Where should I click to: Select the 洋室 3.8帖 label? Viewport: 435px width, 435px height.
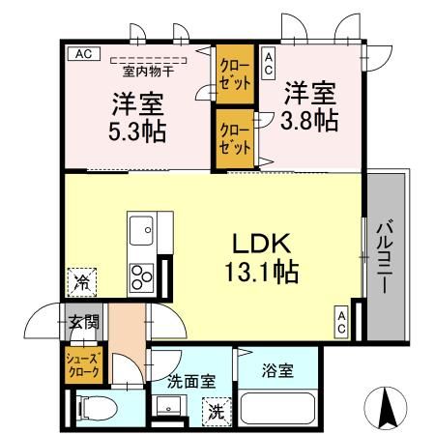[309, 106]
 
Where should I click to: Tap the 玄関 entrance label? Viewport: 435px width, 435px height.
[82, 323]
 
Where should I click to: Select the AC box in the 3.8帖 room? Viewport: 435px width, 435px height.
[269, 65]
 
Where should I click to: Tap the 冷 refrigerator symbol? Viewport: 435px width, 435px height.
[83, 284]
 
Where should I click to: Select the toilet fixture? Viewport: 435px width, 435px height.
[94, 408]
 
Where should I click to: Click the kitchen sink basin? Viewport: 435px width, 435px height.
[142, 233]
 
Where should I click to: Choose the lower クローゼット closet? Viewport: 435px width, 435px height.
[233, 139]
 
